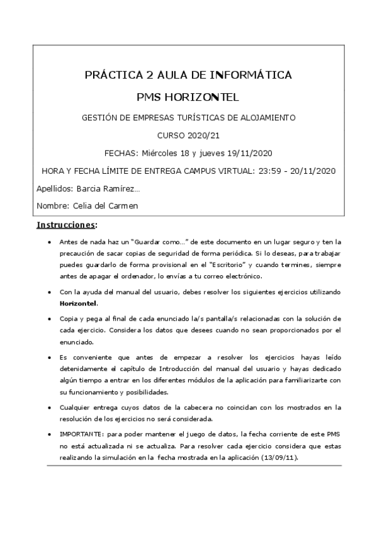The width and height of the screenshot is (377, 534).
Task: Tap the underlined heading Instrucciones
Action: tap(65, 225)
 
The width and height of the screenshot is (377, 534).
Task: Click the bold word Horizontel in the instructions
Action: tap(79, 303)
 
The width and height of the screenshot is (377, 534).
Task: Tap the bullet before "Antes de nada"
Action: tap(50, 242)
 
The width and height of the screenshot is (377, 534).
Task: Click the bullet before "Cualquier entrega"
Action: tap(50, 407)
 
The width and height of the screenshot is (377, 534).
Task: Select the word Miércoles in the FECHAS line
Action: tap(160, 153)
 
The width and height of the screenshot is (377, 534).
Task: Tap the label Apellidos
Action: tap(54, 188)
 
